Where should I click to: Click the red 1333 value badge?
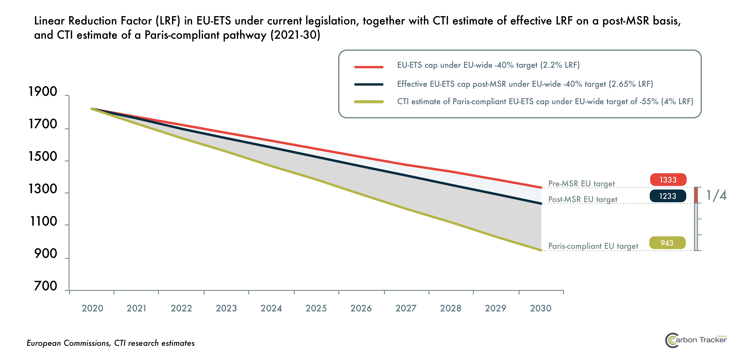668,180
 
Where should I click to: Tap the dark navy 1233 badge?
668,196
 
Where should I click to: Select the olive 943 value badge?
667,243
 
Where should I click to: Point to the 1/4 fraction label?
716,195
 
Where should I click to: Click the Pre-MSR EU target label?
581,184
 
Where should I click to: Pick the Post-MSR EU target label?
582,199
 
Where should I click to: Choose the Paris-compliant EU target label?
593,246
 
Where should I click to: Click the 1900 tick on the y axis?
43,92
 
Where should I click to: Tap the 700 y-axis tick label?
46,286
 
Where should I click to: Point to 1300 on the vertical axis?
43,189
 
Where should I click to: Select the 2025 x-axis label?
316,308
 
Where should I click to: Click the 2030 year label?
540,308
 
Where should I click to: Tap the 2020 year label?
92,308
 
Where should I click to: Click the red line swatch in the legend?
369,67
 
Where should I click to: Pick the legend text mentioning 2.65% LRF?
525,84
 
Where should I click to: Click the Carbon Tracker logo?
695,340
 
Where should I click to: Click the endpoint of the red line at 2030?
541,187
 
